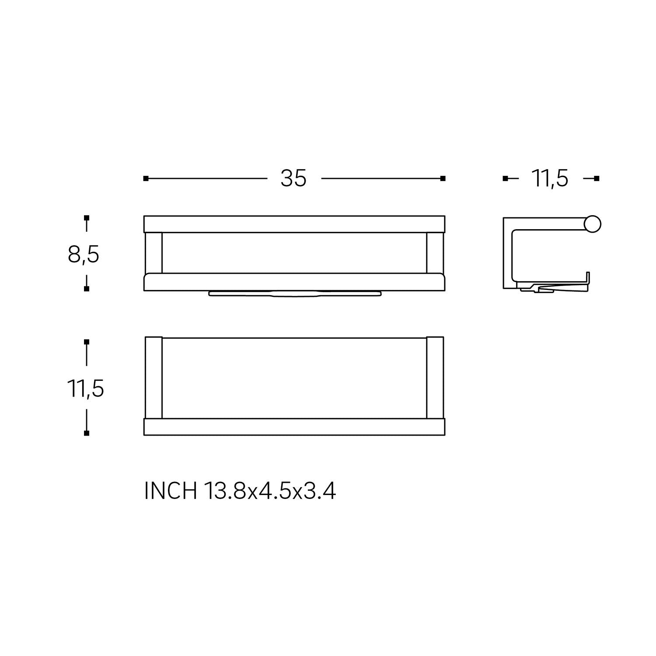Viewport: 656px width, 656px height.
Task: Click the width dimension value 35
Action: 293,178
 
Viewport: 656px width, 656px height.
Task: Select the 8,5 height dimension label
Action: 84,255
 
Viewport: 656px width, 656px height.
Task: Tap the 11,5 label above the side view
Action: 550,179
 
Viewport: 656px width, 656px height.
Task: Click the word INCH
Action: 171,491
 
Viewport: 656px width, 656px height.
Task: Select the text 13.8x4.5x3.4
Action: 269,491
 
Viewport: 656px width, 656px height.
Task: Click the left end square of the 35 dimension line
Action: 146,178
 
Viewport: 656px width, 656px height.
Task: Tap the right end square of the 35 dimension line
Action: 443,178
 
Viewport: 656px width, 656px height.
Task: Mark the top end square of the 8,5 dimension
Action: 87,218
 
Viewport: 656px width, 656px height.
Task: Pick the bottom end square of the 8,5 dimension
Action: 87,289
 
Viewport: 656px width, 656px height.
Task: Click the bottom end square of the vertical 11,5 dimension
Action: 87,433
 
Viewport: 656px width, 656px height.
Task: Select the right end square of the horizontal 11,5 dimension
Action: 597,178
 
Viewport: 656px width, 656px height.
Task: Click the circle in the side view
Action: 593,224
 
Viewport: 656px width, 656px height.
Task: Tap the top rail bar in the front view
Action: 294,224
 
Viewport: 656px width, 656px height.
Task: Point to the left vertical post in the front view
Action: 153,253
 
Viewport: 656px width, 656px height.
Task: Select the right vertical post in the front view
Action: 435,253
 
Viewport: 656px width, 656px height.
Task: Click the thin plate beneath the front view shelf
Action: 294,293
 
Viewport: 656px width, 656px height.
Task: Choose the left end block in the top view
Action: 154,378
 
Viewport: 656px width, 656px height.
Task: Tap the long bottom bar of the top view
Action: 294,427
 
